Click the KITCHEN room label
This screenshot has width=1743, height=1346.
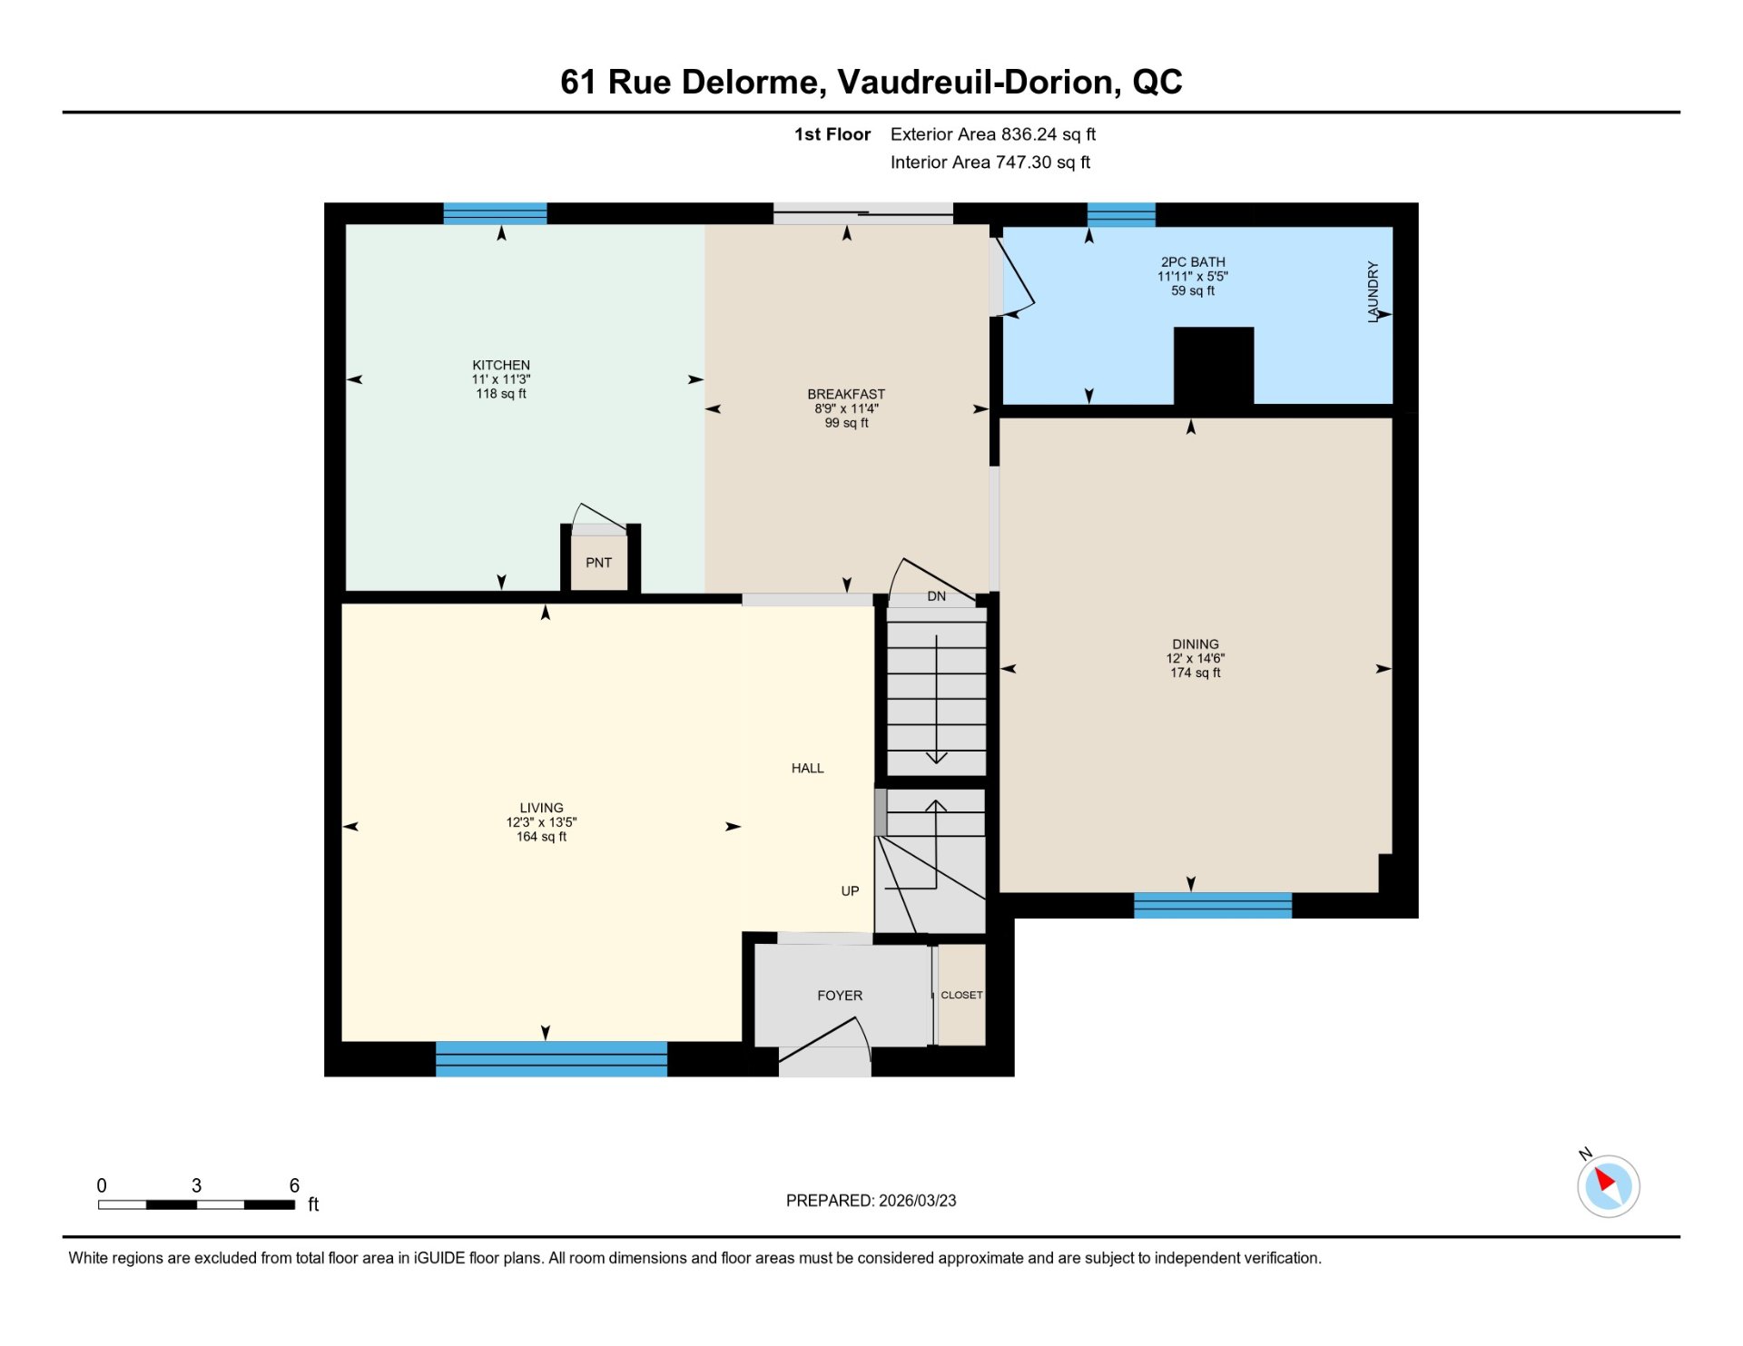click(501, 365)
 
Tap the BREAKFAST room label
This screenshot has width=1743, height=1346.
click(846, 394)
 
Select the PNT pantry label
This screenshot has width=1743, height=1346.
click(598, 563)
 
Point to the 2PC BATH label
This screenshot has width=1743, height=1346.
click(1193, 262)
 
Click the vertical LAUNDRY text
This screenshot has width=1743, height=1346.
click(1374, 292)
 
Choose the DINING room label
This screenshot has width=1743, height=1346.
click(1196, 644)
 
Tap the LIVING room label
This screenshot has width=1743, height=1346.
click(541, 808)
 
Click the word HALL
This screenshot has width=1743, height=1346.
click(807, 769)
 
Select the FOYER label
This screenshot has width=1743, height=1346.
click(840, 996)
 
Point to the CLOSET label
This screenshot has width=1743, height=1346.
click(961, 996)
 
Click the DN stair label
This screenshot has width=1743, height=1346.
click(937, 596)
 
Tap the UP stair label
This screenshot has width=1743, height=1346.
click(850, 891)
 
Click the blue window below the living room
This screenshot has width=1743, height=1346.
click(551, 1059)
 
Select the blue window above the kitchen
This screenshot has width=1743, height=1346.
click(495, 213)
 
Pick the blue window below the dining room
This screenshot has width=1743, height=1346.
click(1212, 906)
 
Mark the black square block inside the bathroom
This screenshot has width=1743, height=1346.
click(1214, 366)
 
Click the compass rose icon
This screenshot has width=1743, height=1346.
click(1608, 1185)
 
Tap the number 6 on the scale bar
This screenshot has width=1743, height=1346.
click(294, 1185)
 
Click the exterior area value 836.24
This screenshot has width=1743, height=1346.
click(1029, 134)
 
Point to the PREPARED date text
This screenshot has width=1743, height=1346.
click(871, 1201)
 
